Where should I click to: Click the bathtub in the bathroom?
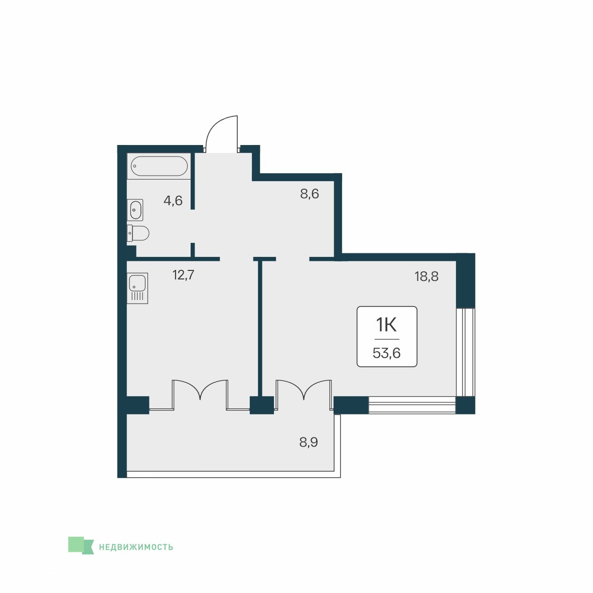[159, 166]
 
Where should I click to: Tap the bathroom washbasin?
[135, 210]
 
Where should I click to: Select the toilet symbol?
[138, 233]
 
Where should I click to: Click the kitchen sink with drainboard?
[137, 288]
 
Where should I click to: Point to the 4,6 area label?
[173, 201]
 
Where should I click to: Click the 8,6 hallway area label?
[310, 194]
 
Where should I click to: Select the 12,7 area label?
[184, 275]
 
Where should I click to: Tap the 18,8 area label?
[426, 276]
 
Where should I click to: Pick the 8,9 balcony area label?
[309, 442]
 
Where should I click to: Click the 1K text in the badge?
[386, 325]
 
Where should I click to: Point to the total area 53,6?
[386, 353]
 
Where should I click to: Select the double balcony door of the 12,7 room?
[200, 395]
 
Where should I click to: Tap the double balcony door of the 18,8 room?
[304, 395]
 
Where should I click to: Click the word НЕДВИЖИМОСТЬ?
[136, 547]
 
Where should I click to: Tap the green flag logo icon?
[81, 545]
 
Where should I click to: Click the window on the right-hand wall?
[466, 352]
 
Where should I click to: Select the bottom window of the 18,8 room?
[412, 405]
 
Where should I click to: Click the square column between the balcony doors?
[262, 405]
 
